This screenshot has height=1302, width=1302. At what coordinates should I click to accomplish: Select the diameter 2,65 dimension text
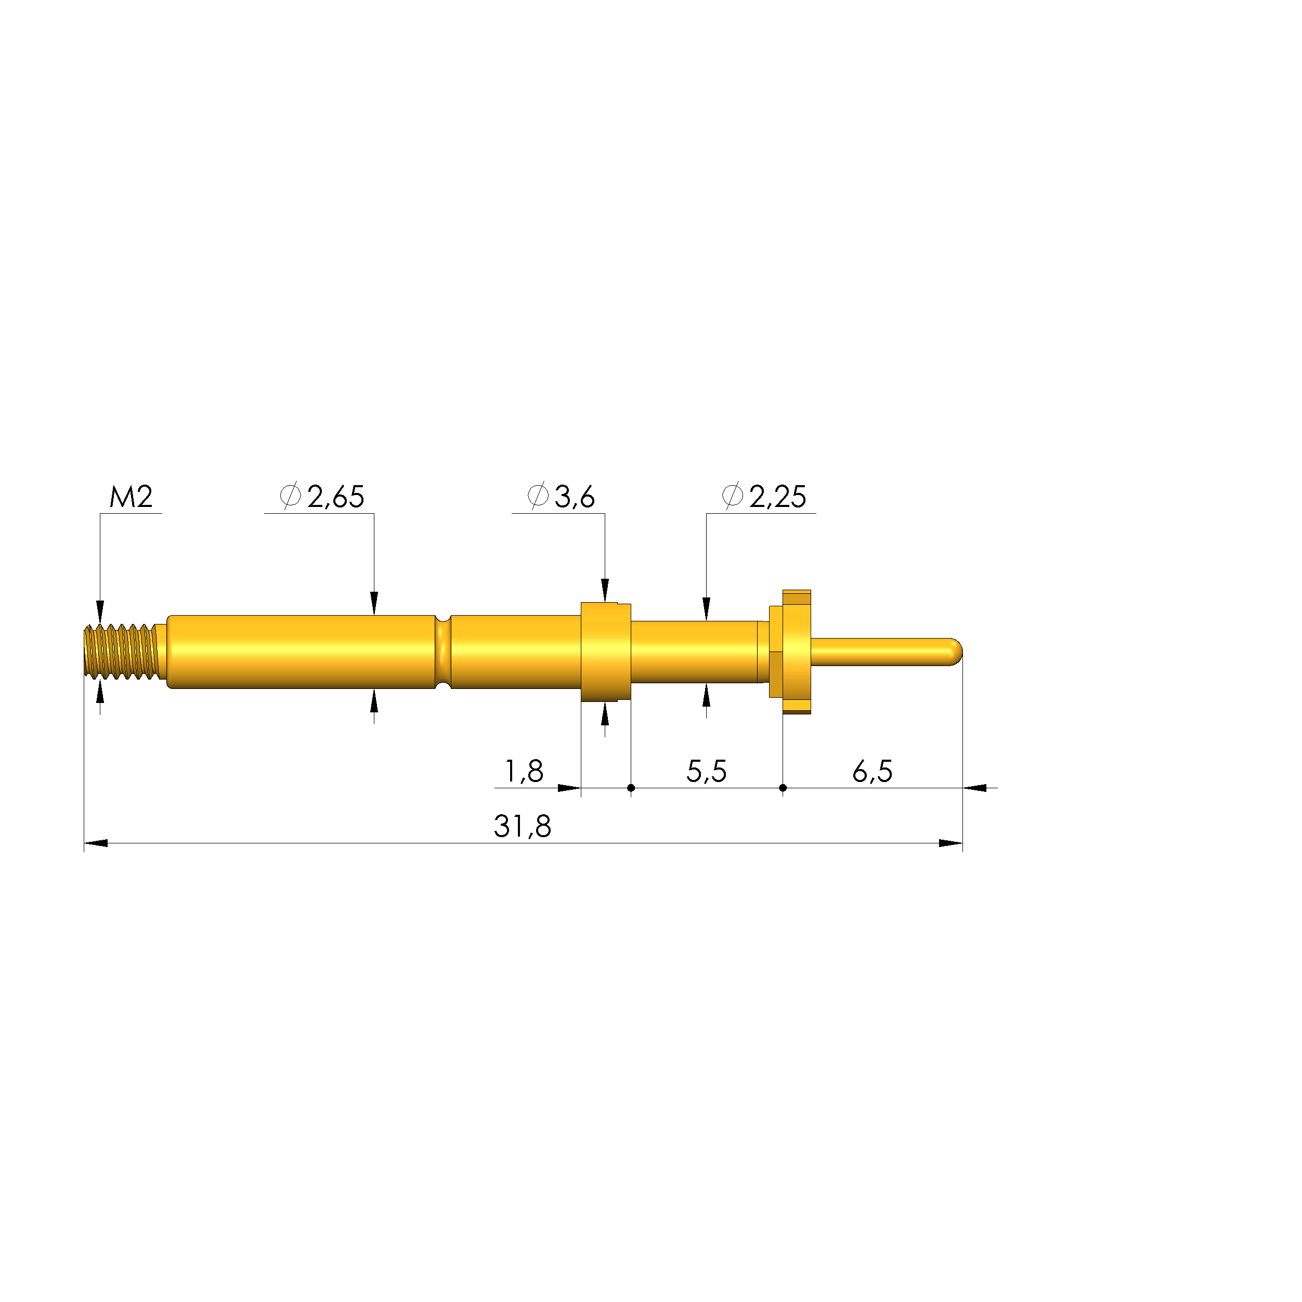pyautogui.click(x=322, y=497)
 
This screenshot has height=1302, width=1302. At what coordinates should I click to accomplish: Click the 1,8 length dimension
pyautogui.click(x=524, y=771)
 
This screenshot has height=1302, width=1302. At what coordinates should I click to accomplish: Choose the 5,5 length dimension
pyautogui.click(x=706, y=771)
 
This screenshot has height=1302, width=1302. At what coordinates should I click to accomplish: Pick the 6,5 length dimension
pyautogui.click(x=872, y=771)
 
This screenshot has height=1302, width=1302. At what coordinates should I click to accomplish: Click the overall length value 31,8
pyautogui.click(x=522, y=826)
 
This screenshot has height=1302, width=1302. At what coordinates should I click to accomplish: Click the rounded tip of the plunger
pyautogui.click(x=954, y=652)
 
